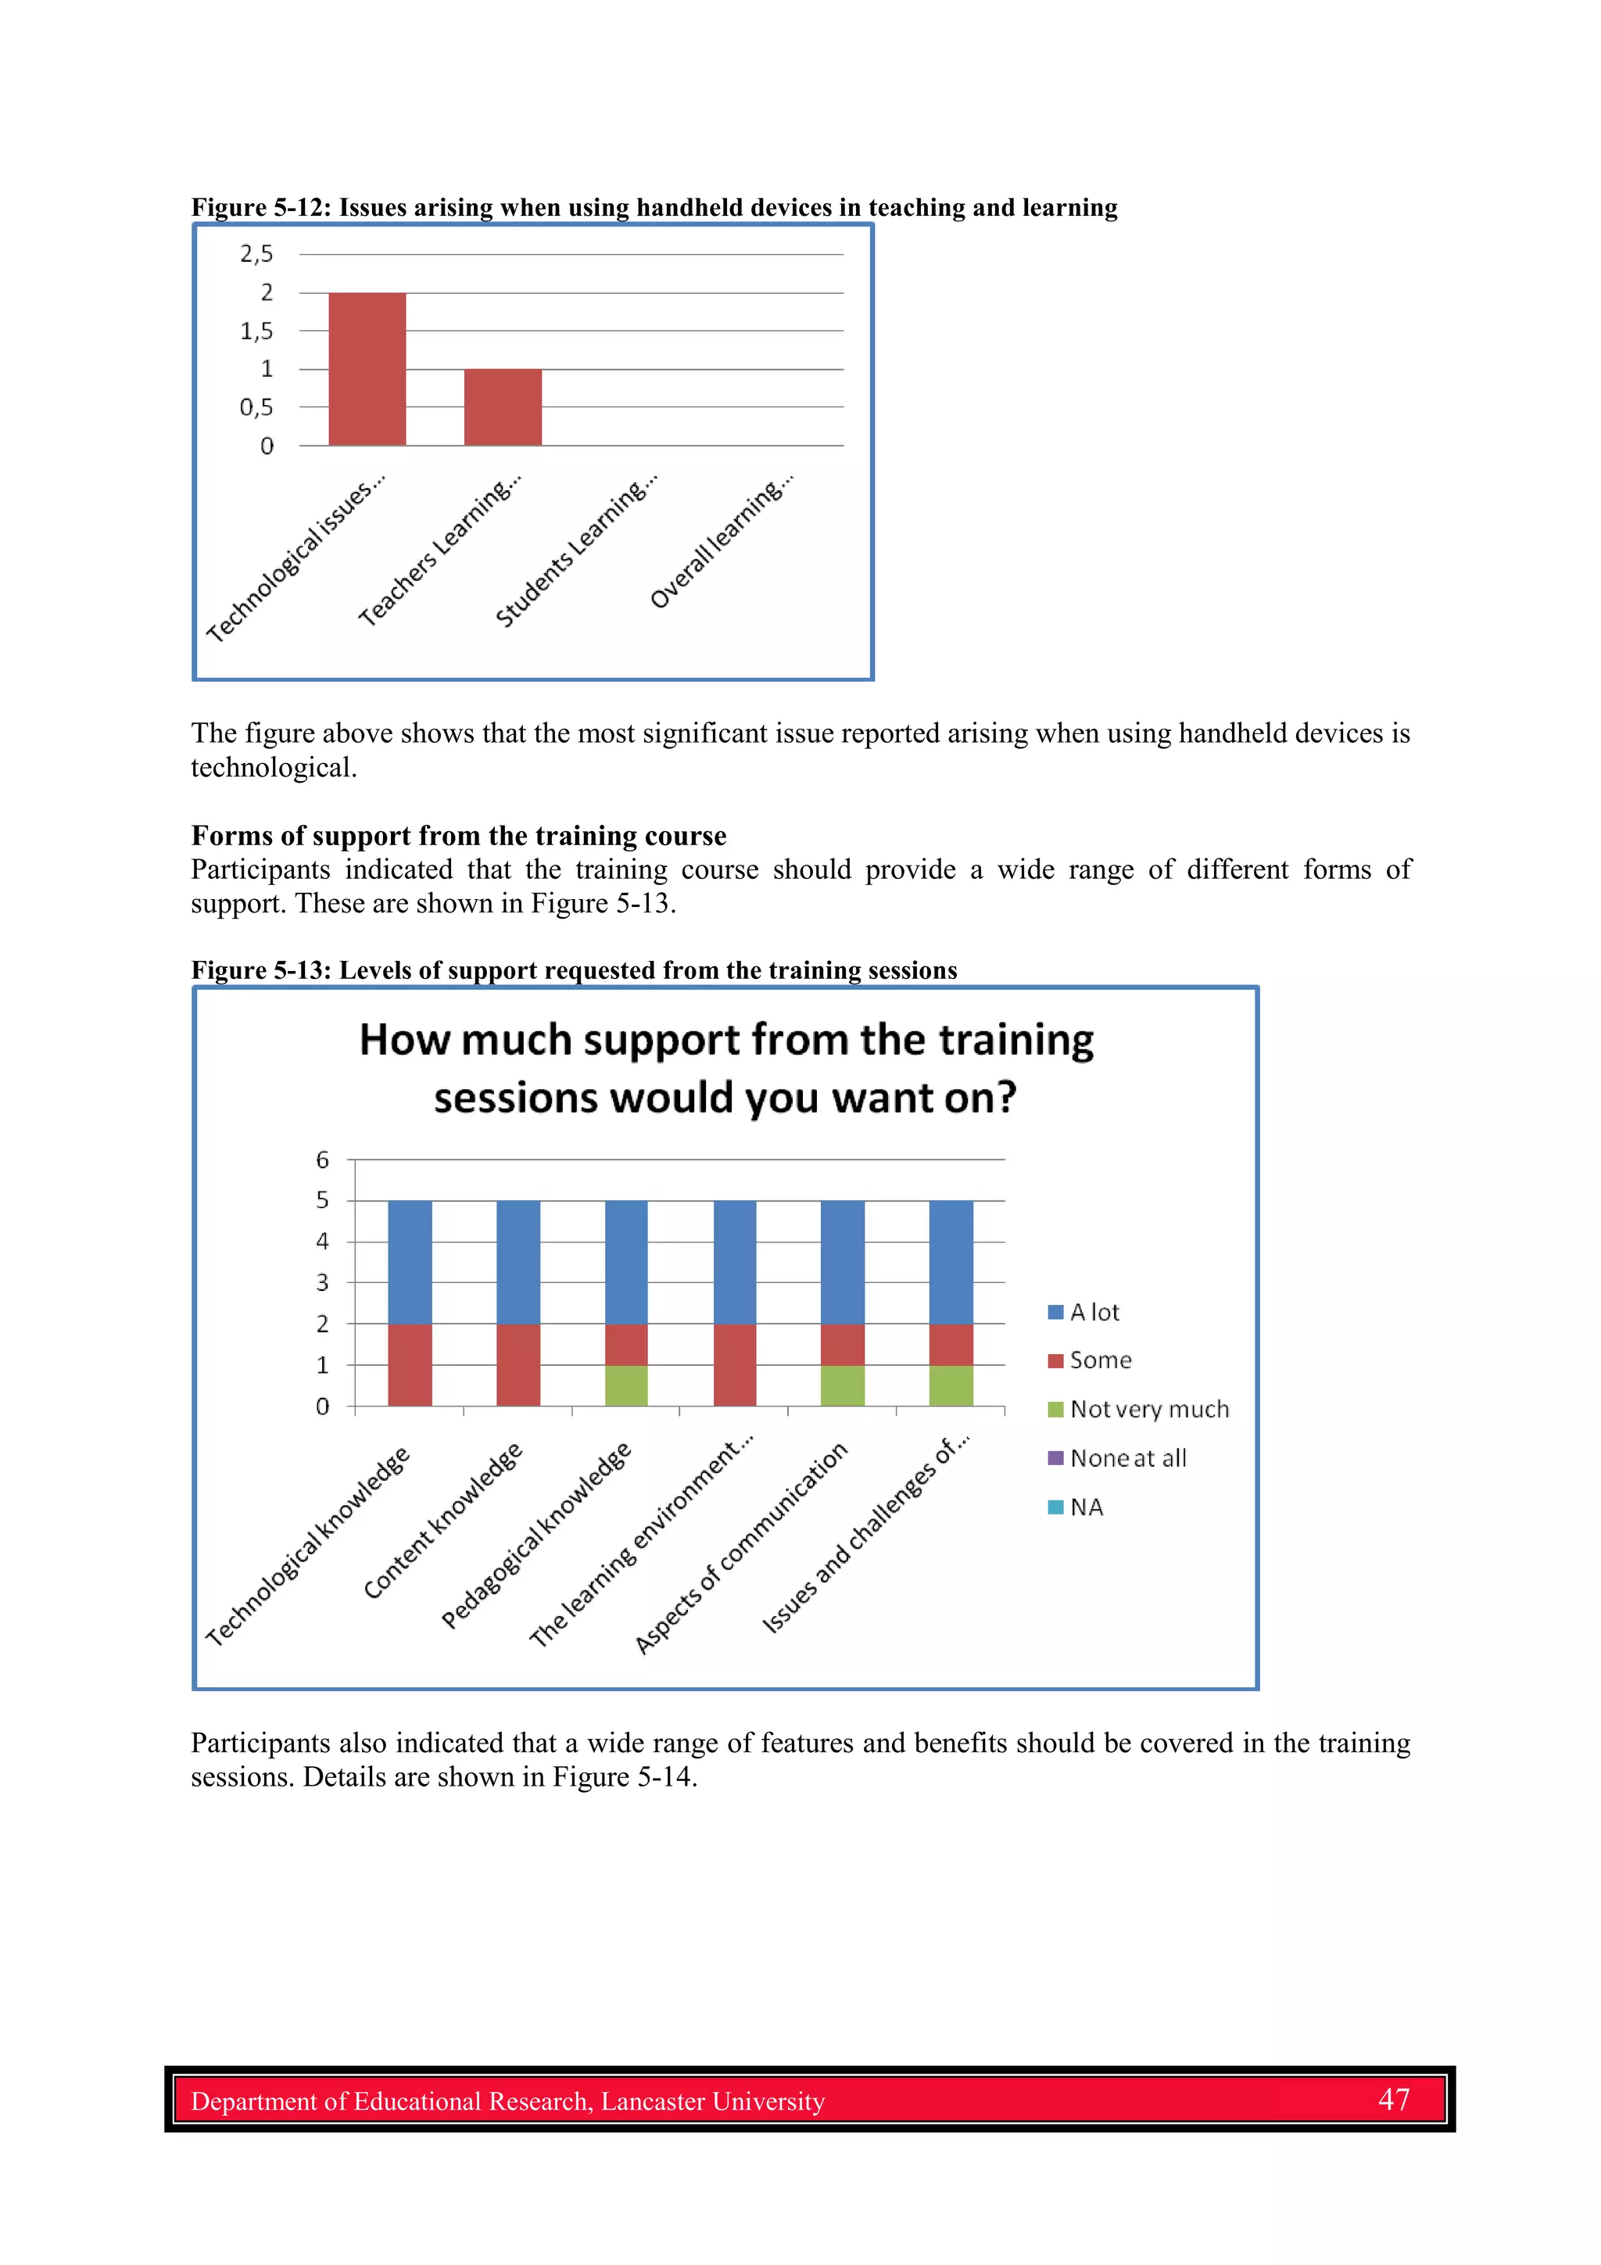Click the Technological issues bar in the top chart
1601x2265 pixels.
coord(367,369)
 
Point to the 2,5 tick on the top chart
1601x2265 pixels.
coord(256,255)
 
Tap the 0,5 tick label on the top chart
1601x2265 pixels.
coord(256,407)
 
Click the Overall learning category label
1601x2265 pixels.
coord(722,542)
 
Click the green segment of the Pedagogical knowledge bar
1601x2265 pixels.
coord(625,1386)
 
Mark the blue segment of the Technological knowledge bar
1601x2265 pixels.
coord(410,1262)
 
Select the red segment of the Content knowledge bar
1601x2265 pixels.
coord(518,1364)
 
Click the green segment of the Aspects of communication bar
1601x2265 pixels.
coord(843,1386)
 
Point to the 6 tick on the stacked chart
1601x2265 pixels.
coord(323,1160)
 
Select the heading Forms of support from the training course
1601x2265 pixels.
coord(459,836)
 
